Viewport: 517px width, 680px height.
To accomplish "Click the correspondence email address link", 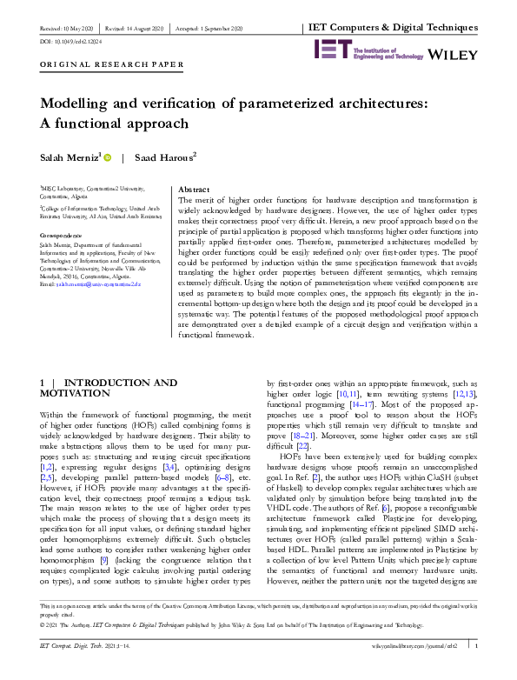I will (87, 285).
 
